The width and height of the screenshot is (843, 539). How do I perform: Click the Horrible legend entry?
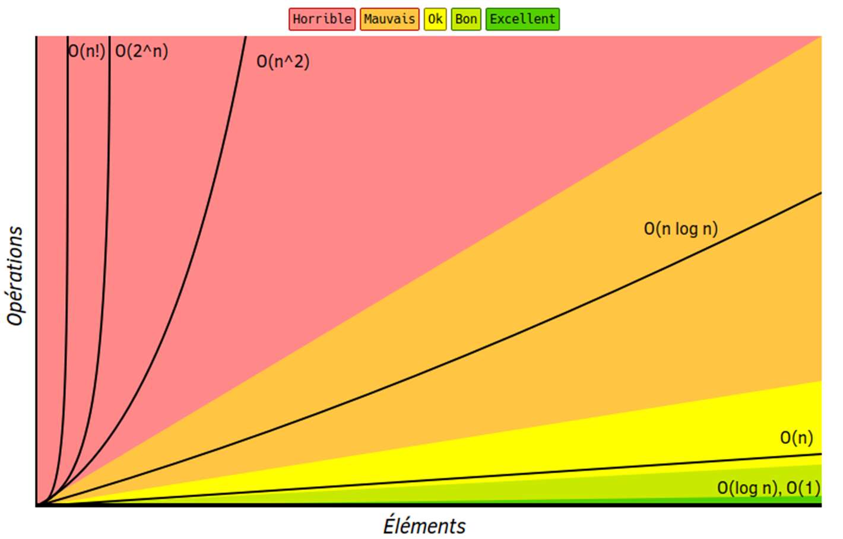[322, 19]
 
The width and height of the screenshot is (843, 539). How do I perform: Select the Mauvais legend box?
[389, 19]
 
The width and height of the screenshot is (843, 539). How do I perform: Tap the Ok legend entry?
[435, 19]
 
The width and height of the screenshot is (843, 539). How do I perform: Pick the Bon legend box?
[466, 19]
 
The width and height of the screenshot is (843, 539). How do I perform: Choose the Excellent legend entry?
[522, 19]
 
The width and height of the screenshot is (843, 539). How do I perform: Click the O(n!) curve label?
[87, 51]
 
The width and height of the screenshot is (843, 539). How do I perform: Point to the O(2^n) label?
[142, 51]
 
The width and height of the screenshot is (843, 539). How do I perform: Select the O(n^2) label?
[283, 62]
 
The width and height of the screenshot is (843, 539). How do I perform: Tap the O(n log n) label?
[681, 229]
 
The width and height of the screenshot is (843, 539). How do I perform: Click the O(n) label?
[797, 438]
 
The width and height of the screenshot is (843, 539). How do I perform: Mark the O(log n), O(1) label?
[769, 488]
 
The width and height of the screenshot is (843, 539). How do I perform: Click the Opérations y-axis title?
[15, 275]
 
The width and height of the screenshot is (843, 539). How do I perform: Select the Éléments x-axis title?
[424, 526]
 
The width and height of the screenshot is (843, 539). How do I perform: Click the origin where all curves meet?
[38, 504]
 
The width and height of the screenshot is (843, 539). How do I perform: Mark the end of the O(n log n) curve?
[820, 193]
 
